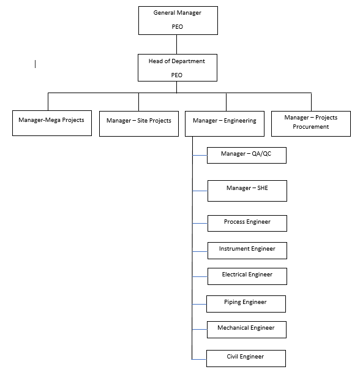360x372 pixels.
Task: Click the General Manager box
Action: pos(177,20)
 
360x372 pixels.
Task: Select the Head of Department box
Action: pos(177,67)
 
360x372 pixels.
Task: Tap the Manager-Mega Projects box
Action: pos(52,123)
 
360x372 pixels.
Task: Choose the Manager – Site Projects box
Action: pos(139,123)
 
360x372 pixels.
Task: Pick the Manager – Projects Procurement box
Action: pos(311,123)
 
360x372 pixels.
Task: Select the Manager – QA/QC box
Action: pos(246,156)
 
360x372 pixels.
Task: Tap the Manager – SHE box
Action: pos(247,191)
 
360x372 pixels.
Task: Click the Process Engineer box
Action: pos(247,223)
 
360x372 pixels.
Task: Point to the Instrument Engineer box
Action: pos(247,250)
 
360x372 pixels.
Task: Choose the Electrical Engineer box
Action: pos(247,276)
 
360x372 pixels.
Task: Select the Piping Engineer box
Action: pos(246,303)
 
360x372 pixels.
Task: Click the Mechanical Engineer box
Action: pos(246,330)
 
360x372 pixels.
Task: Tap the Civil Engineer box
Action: pos(246,357)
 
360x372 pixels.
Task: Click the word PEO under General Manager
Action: pos(177,27)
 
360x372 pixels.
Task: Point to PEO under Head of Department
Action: pos(177,75)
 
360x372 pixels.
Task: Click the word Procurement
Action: pos(311,127)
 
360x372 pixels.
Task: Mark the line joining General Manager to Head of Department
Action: pos(177,44)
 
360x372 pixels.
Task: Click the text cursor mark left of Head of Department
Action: pos(35,63)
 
